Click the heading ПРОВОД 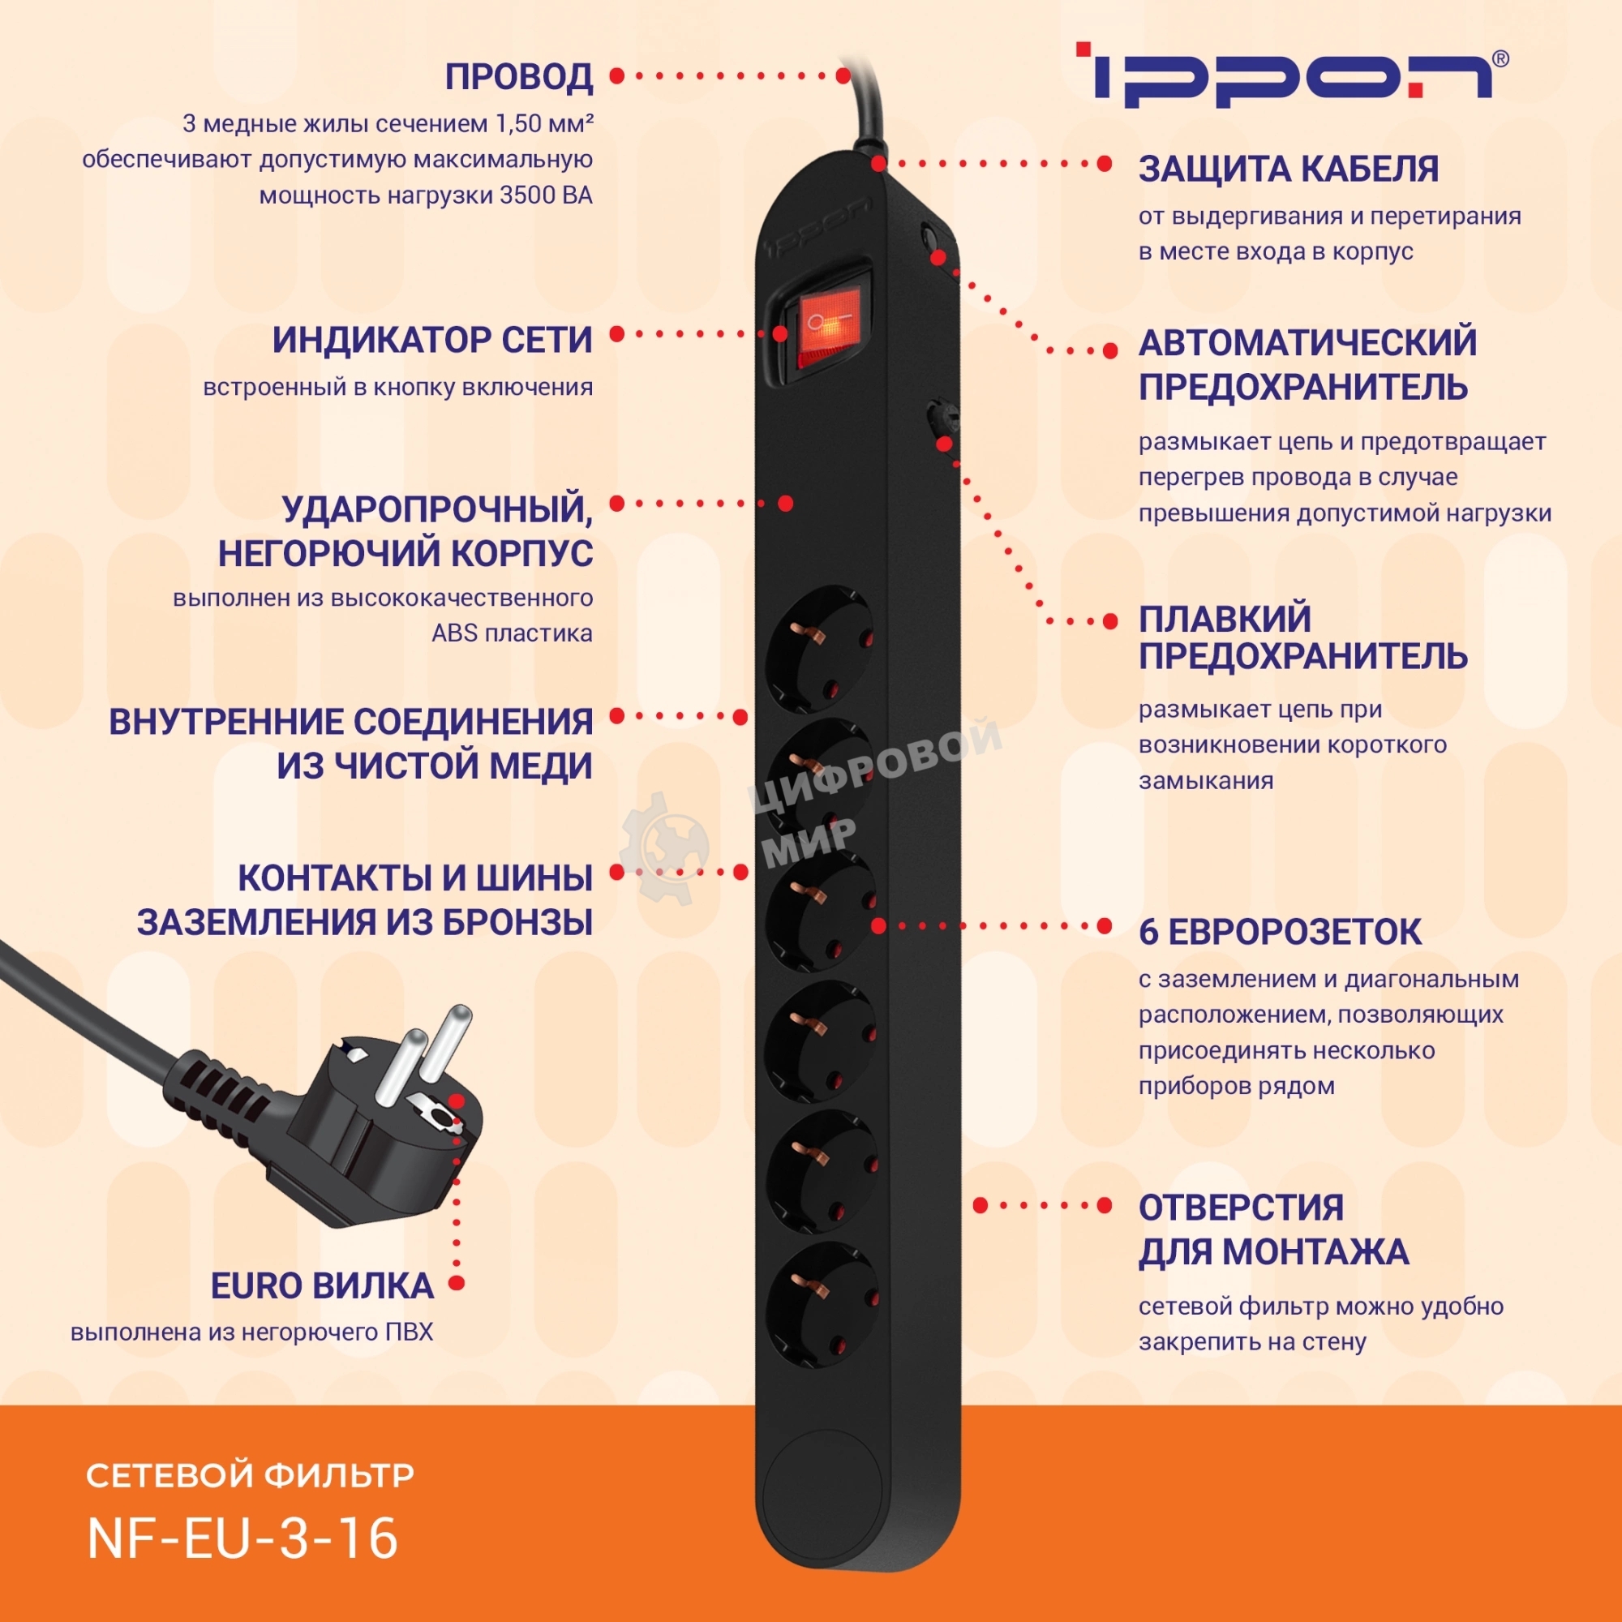(519, 77)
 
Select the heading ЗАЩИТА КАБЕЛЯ (1288, 169)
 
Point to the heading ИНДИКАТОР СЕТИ (432, 340)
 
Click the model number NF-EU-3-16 (242, 1538)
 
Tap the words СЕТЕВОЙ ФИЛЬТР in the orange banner (250, 1475)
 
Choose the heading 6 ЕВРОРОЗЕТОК (1280, 933)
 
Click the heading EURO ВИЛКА (321, 1286)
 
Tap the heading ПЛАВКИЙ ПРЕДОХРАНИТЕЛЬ (1302, 638)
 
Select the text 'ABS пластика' (511, 633)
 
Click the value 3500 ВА (546, 195)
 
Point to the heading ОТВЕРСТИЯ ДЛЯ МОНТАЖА (1272, 1230)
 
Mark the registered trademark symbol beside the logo (1500, 58)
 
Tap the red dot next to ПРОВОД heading (617, 75)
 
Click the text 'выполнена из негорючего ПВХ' (252, 1333)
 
